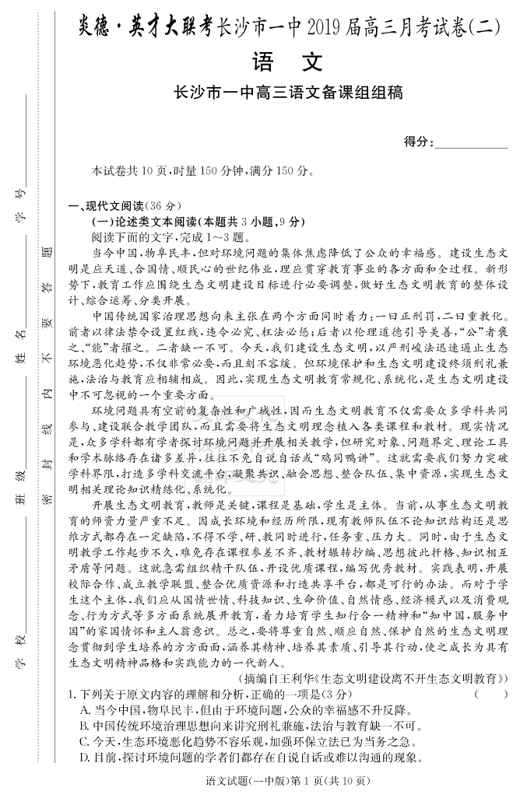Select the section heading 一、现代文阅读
(125, 206)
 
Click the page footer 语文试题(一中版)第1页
(287, 781)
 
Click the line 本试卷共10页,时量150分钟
(202, 170)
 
